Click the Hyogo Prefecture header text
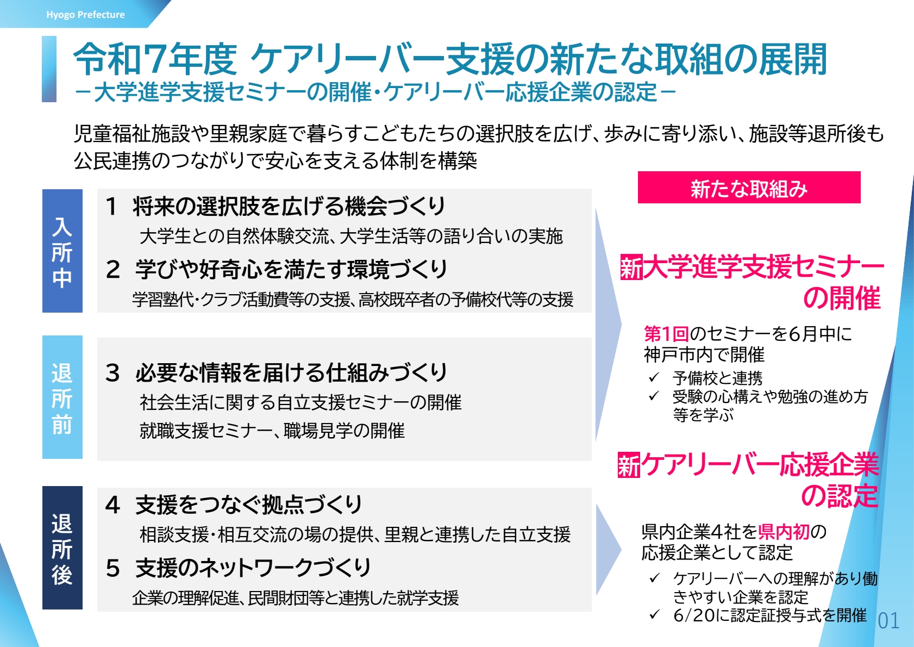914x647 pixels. [85, 15]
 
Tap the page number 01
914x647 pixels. [888, 621]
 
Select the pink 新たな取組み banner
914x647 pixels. [749, 188]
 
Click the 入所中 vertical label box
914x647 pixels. [62, 251]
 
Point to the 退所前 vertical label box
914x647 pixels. [62, 397]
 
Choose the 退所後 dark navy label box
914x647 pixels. [62, 548]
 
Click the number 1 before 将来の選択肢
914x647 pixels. [111, 207]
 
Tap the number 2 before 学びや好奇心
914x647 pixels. [113, 270]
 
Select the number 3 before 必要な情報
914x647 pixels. [112, 373]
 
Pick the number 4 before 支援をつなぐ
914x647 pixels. [112, 505]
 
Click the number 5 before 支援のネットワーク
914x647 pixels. [112, 569]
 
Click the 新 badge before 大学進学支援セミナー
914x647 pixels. [631, 267]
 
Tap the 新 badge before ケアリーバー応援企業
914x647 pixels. [629, 465]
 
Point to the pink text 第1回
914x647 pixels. [666, 334]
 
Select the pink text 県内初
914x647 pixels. [784, 532]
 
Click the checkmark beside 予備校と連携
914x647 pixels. [654, 377]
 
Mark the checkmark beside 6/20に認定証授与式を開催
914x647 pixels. [654, 614]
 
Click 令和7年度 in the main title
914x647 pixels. [155, 60]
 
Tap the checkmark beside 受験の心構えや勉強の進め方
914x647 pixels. [654, 396]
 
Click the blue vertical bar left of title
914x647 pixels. [49, 69]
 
